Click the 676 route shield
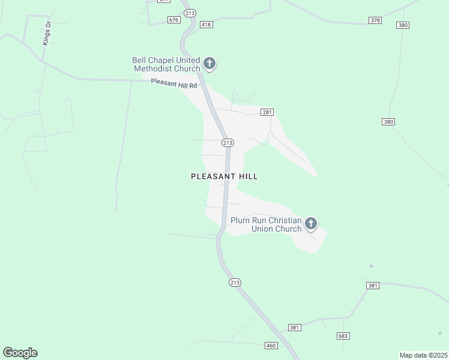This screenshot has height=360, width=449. click(174, 20)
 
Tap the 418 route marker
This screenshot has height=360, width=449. click(206, 25)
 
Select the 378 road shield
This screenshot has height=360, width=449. click(376, 20)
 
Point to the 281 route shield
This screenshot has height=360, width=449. click(267, 112)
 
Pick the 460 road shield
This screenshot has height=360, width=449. click(271, 346)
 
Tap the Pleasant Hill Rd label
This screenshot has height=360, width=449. click(174, 84)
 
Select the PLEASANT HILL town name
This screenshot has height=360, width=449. click(224, 176)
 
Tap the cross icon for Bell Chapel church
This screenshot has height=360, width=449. click(209, 64)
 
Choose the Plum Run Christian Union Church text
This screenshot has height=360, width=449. click(266, 224)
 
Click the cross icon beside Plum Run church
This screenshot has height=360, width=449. click(311, 224)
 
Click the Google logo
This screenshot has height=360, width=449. click(20, 353)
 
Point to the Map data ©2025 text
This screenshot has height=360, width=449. click(423, 355)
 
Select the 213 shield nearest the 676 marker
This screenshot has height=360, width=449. click(191, 13)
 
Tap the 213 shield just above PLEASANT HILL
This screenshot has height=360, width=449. click(228, 142)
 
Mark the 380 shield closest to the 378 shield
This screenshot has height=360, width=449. click(403, 25)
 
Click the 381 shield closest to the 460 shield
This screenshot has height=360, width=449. click(294, 328)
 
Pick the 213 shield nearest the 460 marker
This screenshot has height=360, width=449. click(235, 282)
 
